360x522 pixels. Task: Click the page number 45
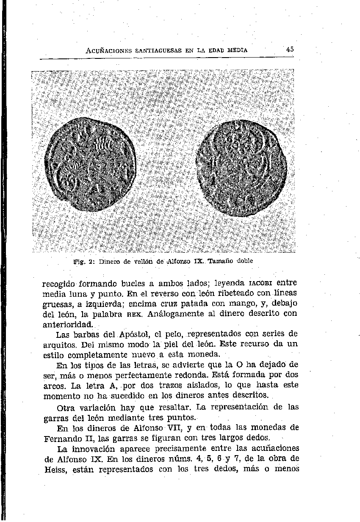click(x=290, y=49)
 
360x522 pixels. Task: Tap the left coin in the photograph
click(x=91, y=165)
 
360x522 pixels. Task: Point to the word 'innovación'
click(x=96, y=448)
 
